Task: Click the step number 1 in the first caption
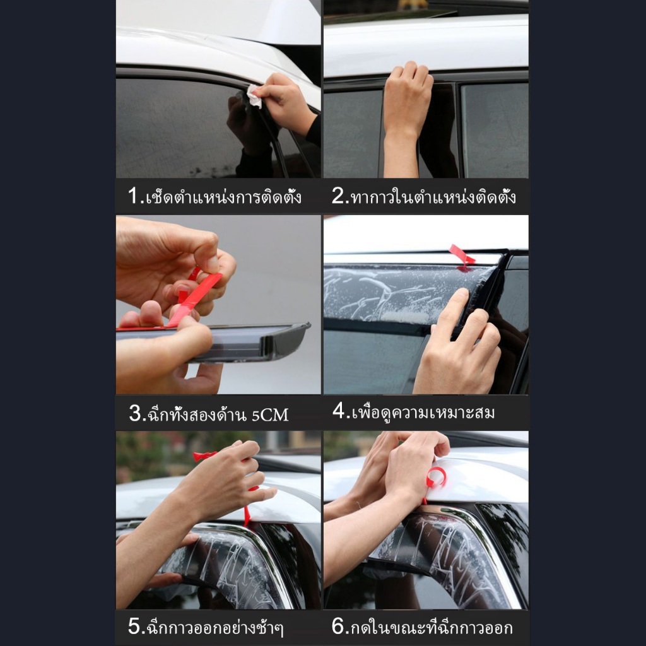pos(134,196)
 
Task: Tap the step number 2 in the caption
pos(338,196)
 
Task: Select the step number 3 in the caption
pos(135,413)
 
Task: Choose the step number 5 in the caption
pos(134,626)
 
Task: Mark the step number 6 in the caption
pos(338,626)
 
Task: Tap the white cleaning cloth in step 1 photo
pos(254,97)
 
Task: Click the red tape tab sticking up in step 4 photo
pos(461,255)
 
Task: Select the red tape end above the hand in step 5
pos(204,455)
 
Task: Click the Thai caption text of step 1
pos(223,197)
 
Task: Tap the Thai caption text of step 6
pos(432,628)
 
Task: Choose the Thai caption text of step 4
pos(423,411)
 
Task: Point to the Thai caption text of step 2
pos(433,197)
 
